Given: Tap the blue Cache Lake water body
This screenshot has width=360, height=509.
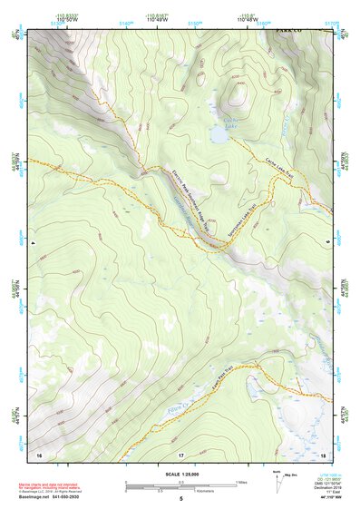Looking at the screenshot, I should tap(219, 135).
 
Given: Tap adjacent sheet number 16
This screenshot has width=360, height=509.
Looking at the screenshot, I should tap(39, 453).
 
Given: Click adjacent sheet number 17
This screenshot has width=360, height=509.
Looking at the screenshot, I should tap(180, 453).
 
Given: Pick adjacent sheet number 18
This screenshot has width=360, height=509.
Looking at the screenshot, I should tap(324, 453).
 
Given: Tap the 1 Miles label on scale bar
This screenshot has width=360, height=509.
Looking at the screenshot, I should tap(241, 482).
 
